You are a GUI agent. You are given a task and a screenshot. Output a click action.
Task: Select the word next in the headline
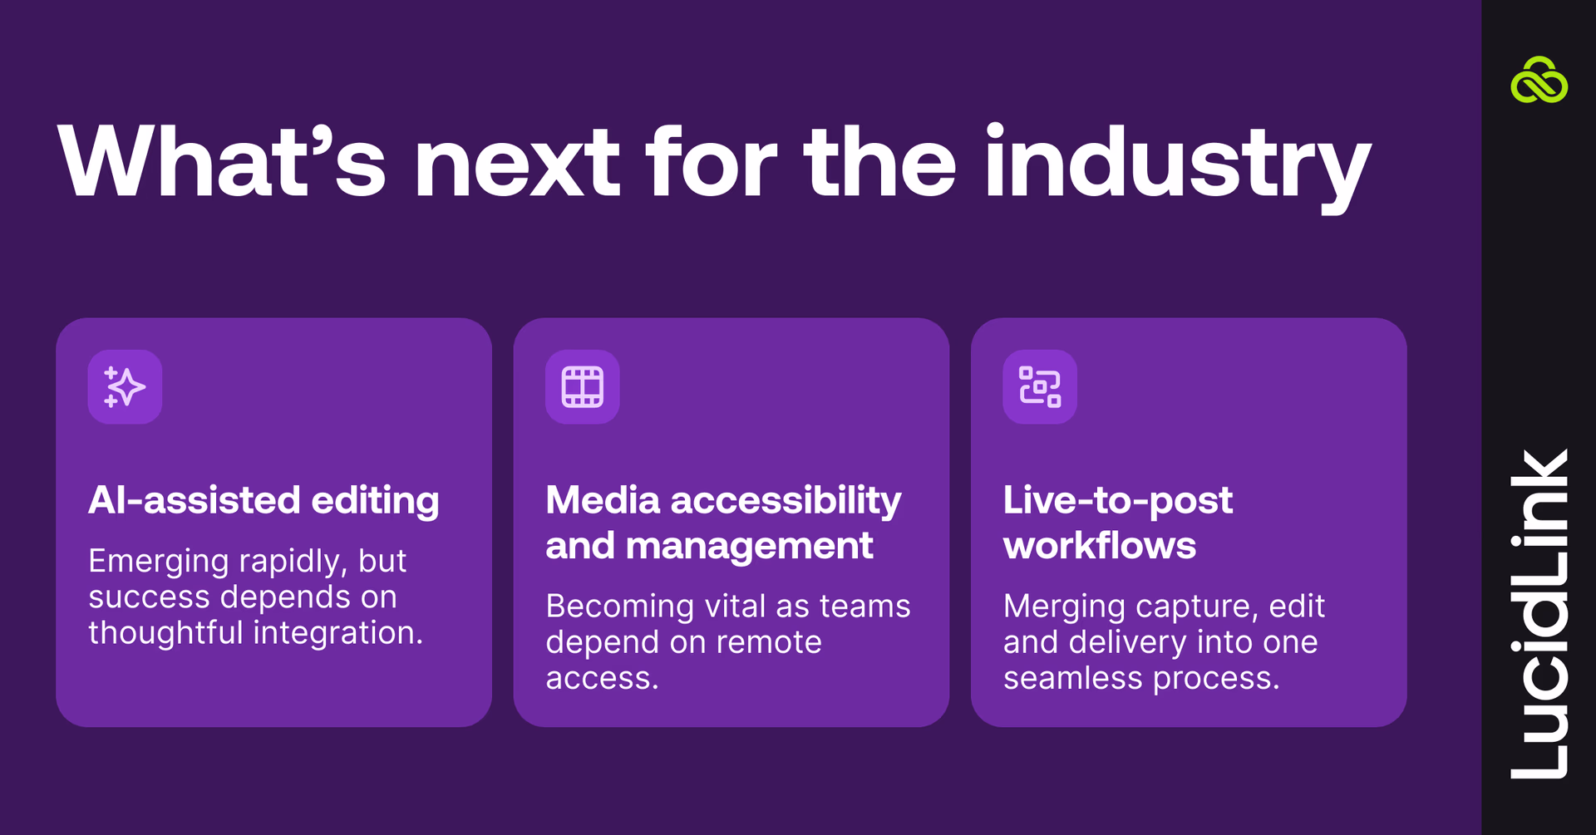point(516,163)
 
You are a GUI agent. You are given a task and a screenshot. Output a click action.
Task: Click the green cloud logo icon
point(1539,81)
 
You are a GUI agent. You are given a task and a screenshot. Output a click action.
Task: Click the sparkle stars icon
point(125,387)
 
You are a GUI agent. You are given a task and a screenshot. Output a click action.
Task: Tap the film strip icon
point(582,387)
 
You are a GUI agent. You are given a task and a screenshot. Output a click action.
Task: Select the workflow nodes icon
point(1040,387)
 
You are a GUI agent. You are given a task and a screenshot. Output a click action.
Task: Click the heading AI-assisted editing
point(264,500)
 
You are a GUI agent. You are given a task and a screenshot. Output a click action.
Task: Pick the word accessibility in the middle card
point(786,500)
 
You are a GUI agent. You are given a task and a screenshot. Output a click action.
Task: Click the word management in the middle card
point(748,546)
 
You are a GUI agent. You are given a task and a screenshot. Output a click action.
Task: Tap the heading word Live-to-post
point(1117,500)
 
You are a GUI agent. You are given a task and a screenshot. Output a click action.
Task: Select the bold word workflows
point(1099,546)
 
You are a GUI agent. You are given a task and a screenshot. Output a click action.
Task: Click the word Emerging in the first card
point(158,562)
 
